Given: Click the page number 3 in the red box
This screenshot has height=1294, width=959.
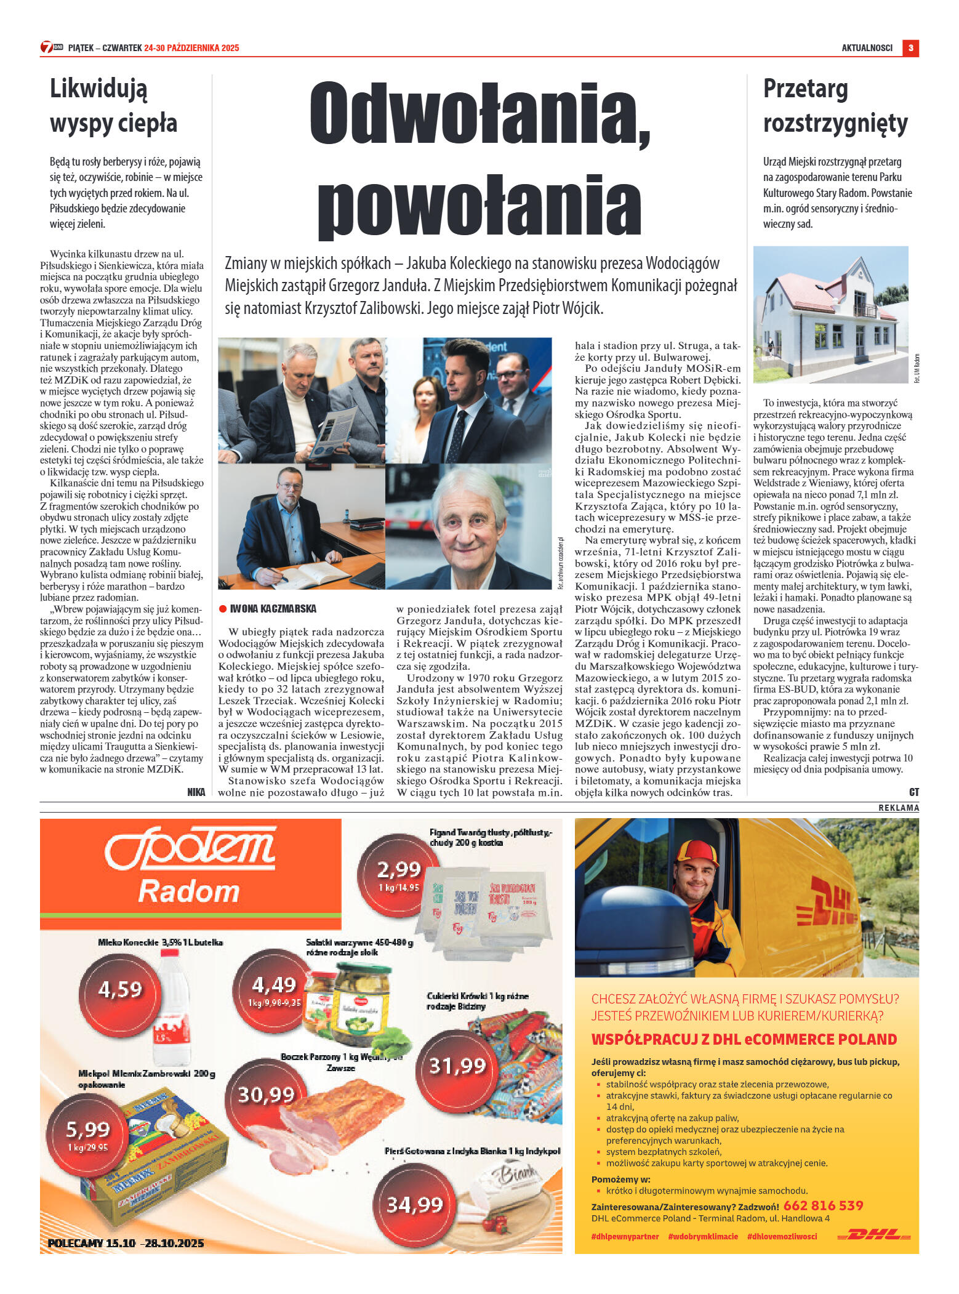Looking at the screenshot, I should click(910, 48).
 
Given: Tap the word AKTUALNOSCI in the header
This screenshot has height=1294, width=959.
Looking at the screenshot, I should click(867, 48).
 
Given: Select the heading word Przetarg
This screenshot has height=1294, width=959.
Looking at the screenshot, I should click(805, 89).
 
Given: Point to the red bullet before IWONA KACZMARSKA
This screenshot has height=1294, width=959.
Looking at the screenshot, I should click(223, 609).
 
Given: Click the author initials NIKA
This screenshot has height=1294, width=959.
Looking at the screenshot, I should click(196, 792).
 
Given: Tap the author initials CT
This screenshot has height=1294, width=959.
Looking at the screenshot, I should click(913, 792).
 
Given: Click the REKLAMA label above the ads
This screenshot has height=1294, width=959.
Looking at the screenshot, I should click(898, 808).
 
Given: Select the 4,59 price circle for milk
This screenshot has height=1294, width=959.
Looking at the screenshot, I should click(120, 989).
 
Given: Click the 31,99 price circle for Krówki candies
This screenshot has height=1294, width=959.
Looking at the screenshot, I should click(457, 1066).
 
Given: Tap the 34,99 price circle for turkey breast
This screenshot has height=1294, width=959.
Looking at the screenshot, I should click(415, 1204).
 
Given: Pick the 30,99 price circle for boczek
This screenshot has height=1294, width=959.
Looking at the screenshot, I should click(267, 1094).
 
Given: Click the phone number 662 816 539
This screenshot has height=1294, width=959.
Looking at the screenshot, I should click(824, 1205).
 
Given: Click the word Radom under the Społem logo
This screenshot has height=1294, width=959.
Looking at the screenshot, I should click(189, 891).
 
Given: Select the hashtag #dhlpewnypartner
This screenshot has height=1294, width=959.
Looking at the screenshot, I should click(625, 1236).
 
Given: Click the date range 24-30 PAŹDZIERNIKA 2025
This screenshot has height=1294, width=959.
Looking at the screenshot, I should click(191, 48).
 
